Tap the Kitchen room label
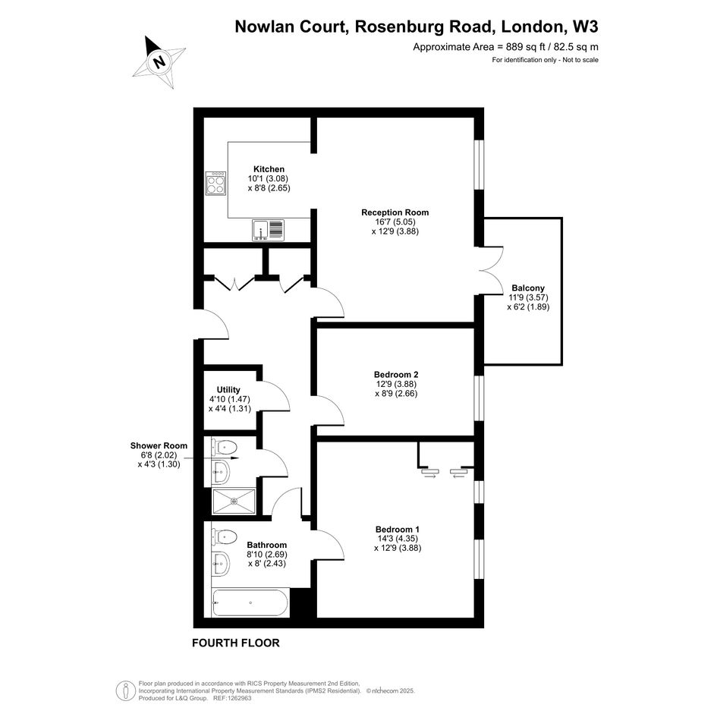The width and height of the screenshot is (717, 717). [x=269, y=169]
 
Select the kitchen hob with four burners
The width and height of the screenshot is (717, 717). [x=215, y=183]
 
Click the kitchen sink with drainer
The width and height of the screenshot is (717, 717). [x=268, y=230]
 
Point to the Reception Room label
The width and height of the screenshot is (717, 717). [x=395, y=212]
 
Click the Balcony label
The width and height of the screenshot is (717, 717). [x=528, y=288]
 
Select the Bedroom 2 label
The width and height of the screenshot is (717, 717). [x=396, y=375]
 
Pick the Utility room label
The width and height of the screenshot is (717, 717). [x=228, y=389]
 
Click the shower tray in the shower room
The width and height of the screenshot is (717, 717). [x=234, y=502]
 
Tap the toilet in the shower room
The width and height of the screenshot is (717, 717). [x=224, y=447]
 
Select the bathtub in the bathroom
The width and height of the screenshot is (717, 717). [x=250, y=602]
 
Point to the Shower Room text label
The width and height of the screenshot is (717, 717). [x=159, y=445]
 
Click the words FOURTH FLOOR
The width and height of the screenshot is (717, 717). [x=235, y=643]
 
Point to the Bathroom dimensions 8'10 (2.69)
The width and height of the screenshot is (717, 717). [x=267, y=554]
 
